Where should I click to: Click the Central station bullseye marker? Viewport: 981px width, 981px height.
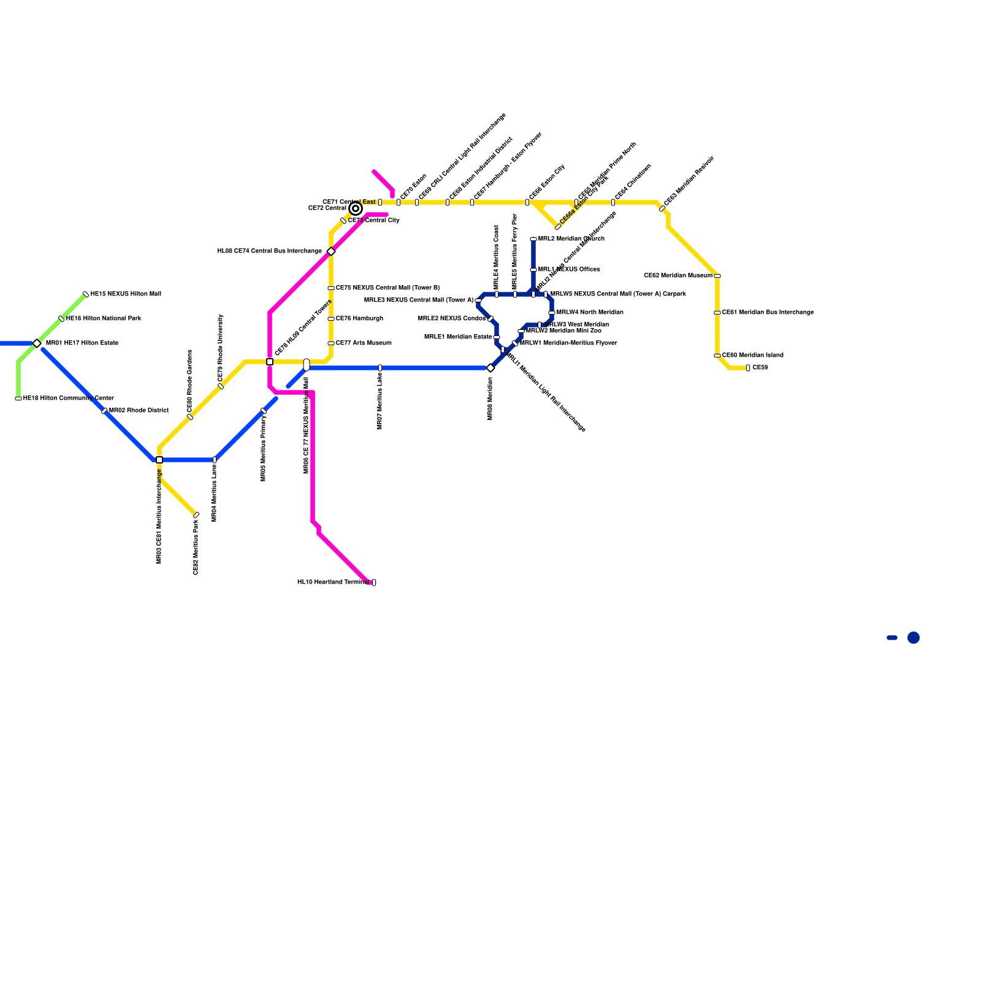[356, 208]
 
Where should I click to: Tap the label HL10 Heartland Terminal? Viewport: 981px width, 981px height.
[333, 582]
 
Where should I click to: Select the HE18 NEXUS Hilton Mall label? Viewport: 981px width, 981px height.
[126, 294]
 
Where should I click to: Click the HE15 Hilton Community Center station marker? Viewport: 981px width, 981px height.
[18, 399]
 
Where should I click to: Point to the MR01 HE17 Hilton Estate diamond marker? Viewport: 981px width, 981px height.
[37, 343]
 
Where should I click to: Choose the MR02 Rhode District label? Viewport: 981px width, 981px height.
[139, 411]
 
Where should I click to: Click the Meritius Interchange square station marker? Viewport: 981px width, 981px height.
[159, 460]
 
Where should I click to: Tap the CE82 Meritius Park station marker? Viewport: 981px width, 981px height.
[196, 515]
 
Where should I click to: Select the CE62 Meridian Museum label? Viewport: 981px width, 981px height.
[678, 276]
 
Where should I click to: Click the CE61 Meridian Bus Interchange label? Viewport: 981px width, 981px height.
[768, 313]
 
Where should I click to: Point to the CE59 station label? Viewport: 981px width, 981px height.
[760, 368]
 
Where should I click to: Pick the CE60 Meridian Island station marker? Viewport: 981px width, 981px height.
[717, 356]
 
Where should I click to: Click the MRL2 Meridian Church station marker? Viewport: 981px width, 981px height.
[533, 239]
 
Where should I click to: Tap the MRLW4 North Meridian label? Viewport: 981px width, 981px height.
[590, 313]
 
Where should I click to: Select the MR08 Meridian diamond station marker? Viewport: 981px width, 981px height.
[490, 368]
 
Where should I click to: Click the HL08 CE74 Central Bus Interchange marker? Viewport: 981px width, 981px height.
[331, 251]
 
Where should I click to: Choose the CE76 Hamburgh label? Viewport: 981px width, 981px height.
[359, 319]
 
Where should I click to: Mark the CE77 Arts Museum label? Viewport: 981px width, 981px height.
[364, 343]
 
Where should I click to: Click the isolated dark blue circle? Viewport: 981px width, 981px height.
[914, 638]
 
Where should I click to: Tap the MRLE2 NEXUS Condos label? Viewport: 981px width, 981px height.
[451, 319]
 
